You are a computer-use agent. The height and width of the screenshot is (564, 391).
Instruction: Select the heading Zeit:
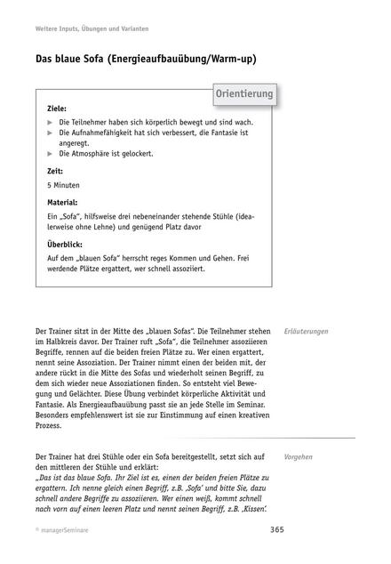coord(55,171)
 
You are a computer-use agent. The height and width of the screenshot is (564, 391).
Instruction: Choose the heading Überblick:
coord(65,244)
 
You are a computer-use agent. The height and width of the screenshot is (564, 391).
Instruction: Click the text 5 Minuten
coord(63,185)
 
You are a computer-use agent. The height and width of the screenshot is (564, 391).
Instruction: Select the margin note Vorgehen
coord(298,456)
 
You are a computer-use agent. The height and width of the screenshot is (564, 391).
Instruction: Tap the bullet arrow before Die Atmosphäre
coord(50,154)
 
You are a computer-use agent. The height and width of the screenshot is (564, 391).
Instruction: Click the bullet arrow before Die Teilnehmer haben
coord(50,121)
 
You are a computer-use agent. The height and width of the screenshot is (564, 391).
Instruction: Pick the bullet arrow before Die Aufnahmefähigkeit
coord(50,132)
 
